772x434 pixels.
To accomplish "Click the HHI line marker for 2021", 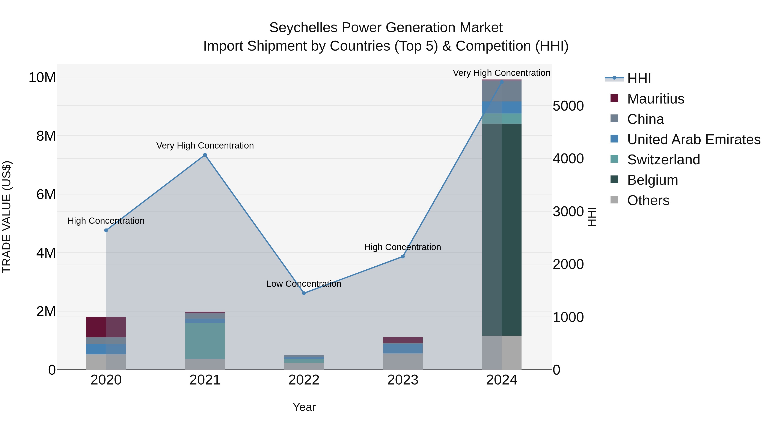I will (205, 155).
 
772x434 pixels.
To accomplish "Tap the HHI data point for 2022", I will (304, 293).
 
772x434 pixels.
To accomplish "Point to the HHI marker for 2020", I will (106, 230).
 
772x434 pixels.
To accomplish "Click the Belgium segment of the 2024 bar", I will (502, 229).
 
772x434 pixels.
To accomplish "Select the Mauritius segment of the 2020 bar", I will (106, 327).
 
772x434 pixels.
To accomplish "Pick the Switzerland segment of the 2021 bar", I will (205, 341).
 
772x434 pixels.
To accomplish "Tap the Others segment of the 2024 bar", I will (502, 353).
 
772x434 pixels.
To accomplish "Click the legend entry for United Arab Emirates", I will (694, 140).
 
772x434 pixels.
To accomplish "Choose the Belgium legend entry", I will (652, 180).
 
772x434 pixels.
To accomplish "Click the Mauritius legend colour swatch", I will (614, 98).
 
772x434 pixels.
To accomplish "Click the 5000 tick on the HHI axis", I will (568, 106).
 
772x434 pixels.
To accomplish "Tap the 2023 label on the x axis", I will (403, 380).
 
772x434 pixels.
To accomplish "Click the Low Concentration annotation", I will (304, 284).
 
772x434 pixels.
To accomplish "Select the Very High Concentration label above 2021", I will (205, 146).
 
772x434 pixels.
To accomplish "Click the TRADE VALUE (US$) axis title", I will (7, 217).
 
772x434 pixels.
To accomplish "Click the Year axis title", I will (304, 407).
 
